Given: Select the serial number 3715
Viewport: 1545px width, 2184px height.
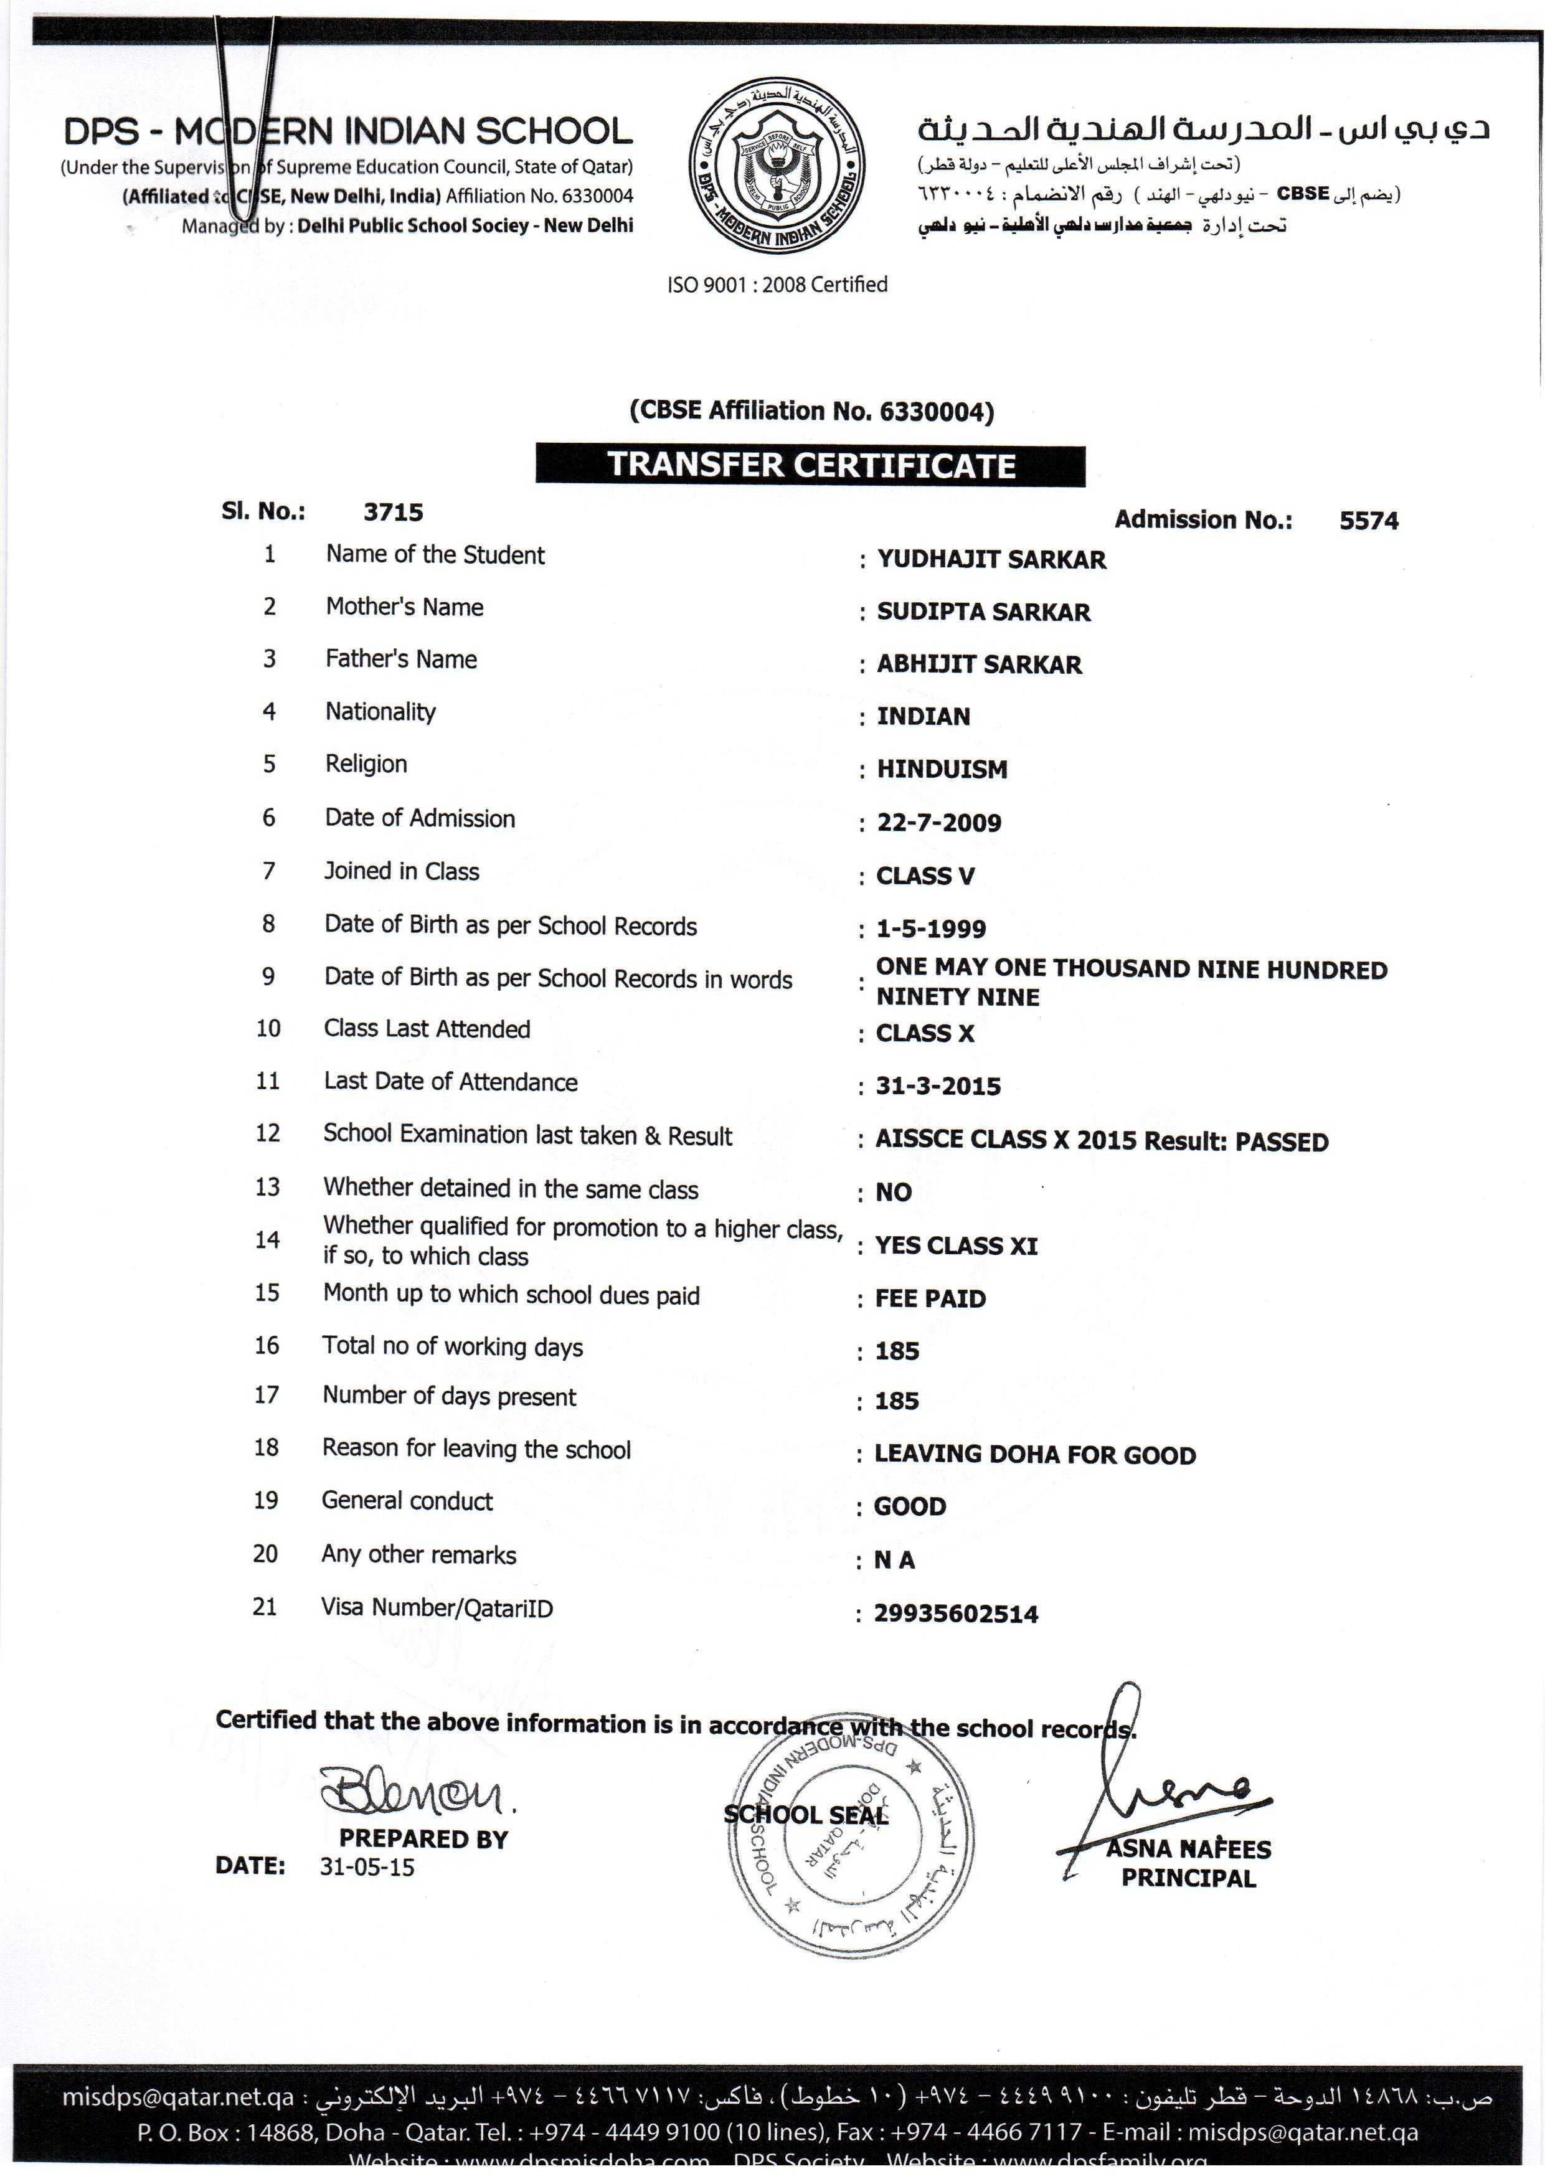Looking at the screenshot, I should (x=393, y=512).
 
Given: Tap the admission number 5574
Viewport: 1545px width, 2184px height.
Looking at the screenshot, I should (x=1368, y=521).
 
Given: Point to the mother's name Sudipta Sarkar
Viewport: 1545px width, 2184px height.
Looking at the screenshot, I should (x=983, y=612).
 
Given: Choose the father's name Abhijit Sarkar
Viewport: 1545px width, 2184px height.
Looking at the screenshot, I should (x=979, y=664).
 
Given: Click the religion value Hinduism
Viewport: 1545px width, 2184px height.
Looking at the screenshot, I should (x=941, y=768).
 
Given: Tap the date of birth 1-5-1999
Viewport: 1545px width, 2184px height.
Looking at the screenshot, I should (x=930, y=929).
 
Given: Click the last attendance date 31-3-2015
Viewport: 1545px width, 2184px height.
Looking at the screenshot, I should (x=938, y=1086).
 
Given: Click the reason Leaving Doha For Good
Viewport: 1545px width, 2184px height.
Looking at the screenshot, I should (x=1035, y=1454).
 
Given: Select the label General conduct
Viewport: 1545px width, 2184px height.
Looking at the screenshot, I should (x=407, y=1501).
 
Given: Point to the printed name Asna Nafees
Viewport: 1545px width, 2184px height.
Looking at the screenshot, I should (x=1188, y=1849).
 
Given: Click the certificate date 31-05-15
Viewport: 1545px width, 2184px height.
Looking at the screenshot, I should (x=366, y=1867).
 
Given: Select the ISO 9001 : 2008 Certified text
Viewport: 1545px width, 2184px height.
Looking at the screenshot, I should (x=777, y=285).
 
